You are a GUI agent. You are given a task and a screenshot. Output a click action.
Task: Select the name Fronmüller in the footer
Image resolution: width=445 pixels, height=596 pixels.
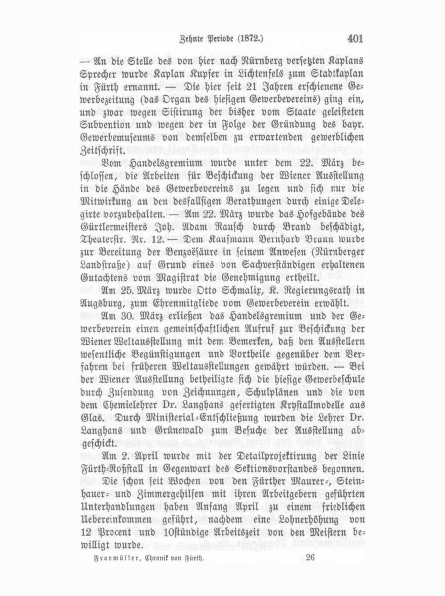(x=104, y=557)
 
